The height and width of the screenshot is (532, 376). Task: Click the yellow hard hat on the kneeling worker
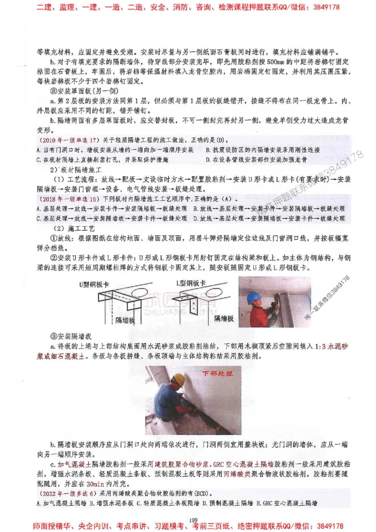(x=178, y=379)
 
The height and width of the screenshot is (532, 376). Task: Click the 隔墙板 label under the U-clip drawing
(x=126, y=319)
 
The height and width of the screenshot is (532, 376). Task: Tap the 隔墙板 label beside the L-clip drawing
(x=224, y=319)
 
